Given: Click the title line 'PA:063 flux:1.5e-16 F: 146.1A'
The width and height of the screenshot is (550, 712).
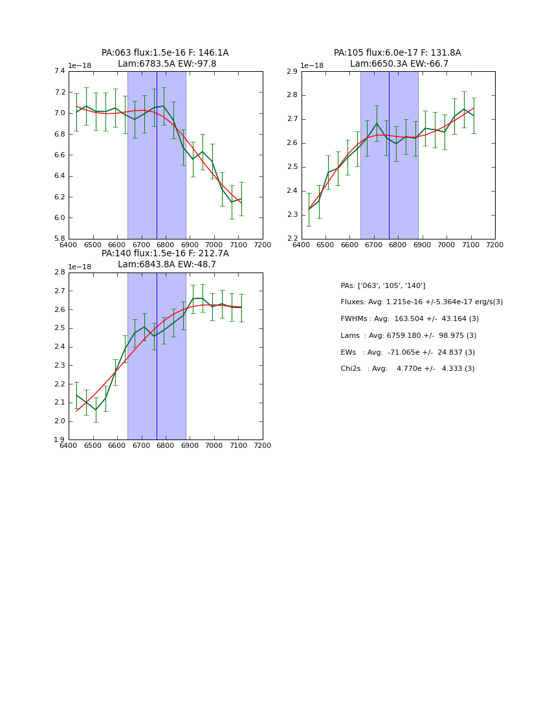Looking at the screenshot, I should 165,53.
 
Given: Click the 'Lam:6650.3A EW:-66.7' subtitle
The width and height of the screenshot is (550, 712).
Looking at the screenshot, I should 399,64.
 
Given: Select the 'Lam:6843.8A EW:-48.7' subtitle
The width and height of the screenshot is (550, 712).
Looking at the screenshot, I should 166,265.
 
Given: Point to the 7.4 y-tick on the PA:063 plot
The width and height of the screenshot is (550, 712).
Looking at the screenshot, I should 59,72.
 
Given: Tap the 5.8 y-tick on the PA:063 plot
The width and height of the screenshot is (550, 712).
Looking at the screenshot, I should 59,239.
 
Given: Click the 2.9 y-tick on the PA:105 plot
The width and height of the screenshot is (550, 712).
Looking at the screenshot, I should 292,72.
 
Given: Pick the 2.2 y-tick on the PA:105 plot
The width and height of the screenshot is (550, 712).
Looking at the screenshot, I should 292,239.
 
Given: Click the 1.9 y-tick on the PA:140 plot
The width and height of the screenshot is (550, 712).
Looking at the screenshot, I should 59,440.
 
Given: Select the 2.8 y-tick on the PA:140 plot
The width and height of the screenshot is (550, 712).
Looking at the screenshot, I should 59,273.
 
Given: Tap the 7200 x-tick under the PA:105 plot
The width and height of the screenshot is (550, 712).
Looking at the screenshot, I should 495,245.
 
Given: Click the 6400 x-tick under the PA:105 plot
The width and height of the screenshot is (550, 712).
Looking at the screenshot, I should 302,245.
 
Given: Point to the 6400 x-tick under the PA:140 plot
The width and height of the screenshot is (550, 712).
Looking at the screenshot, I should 69,446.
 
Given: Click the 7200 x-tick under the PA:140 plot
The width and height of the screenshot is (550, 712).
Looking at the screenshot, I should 263,446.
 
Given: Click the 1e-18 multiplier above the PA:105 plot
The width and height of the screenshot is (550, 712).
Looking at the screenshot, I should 313,65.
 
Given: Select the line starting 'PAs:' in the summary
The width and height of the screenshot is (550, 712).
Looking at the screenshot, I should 382,285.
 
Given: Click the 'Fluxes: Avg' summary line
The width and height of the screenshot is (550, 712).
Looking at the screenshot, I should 421,302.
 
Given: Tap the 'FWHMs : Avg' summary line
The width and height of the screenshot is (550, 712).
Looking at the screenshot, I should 410,319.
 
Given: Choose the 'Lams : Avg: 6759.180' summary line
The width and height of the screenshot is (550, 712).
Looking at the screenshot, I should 408,336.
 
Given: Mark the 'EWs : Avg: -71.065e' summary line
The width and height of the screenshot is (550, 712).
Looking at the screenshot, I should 408,353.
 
